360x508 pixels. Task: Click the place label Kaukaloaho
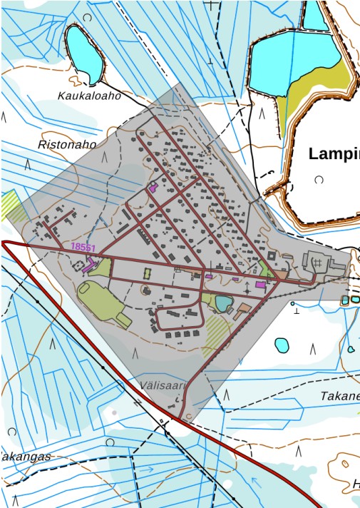coord(89,95)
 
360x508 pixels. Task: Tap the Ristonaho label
coord(66,144)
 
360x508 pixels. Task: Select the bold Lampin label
coord(334,153)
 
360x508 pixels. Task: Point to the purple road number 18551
coord(83,246)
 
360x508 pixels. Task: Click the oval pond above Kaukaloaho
coord(83,53)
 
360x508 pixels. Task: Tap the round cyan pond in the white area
coord(282,345)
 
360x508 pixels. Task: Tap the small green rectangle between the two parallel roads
coord(148,273)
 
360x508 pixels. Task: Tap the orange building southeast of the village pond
coord(243,310)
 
